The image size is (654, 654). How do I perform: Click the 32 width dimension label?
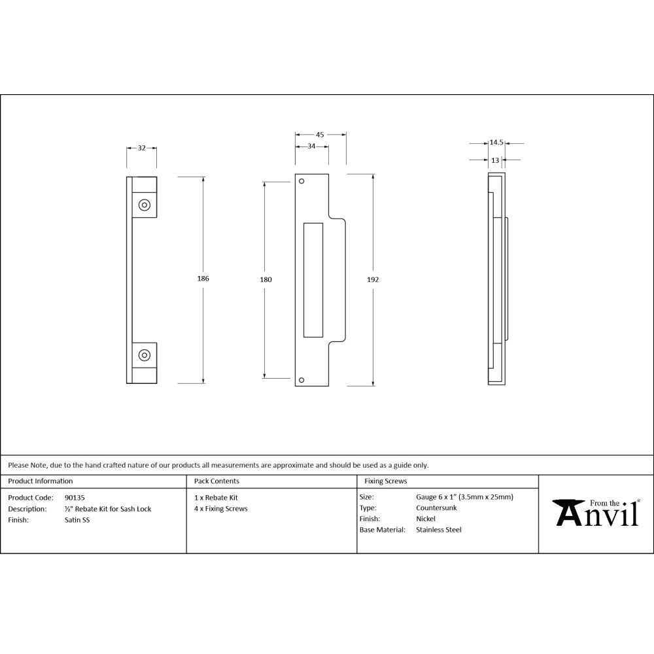(x=141, y=148)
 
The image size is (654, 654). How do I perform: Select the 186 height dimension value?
(x=203, y=279)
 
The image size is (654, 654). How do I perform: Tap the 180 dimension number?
(x=266, y=279)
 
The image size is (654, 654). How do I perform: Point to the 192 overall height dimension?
(x=373, y=279)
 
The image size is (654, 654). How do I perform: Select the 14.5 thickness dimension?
(x=496, y=143)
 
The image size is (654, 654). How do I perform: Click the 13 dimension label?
(x=495, y=160)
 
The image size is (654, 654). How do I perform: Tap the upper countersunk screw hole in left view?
(x=144, y=205)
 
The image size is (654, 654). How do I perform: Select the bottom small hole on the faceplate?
(x=301, y=379)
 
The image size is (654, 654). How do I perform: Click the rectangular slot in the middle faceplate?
(x=313, y=279)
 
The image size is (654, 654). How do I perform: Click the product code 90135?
(x=75, y=497)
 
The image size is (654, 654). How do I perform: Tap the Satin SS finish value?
(x=77, y=520)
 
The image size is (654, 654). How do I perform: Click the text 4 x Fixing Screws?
(x=221, y=509)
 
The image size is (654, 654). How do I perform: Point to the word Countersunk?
(x=436, y=508)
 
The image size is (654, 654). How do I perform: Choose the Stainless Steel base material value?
(x=438, y=530)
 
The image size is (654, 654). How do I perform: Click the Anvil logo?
(x=596, y=513)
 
